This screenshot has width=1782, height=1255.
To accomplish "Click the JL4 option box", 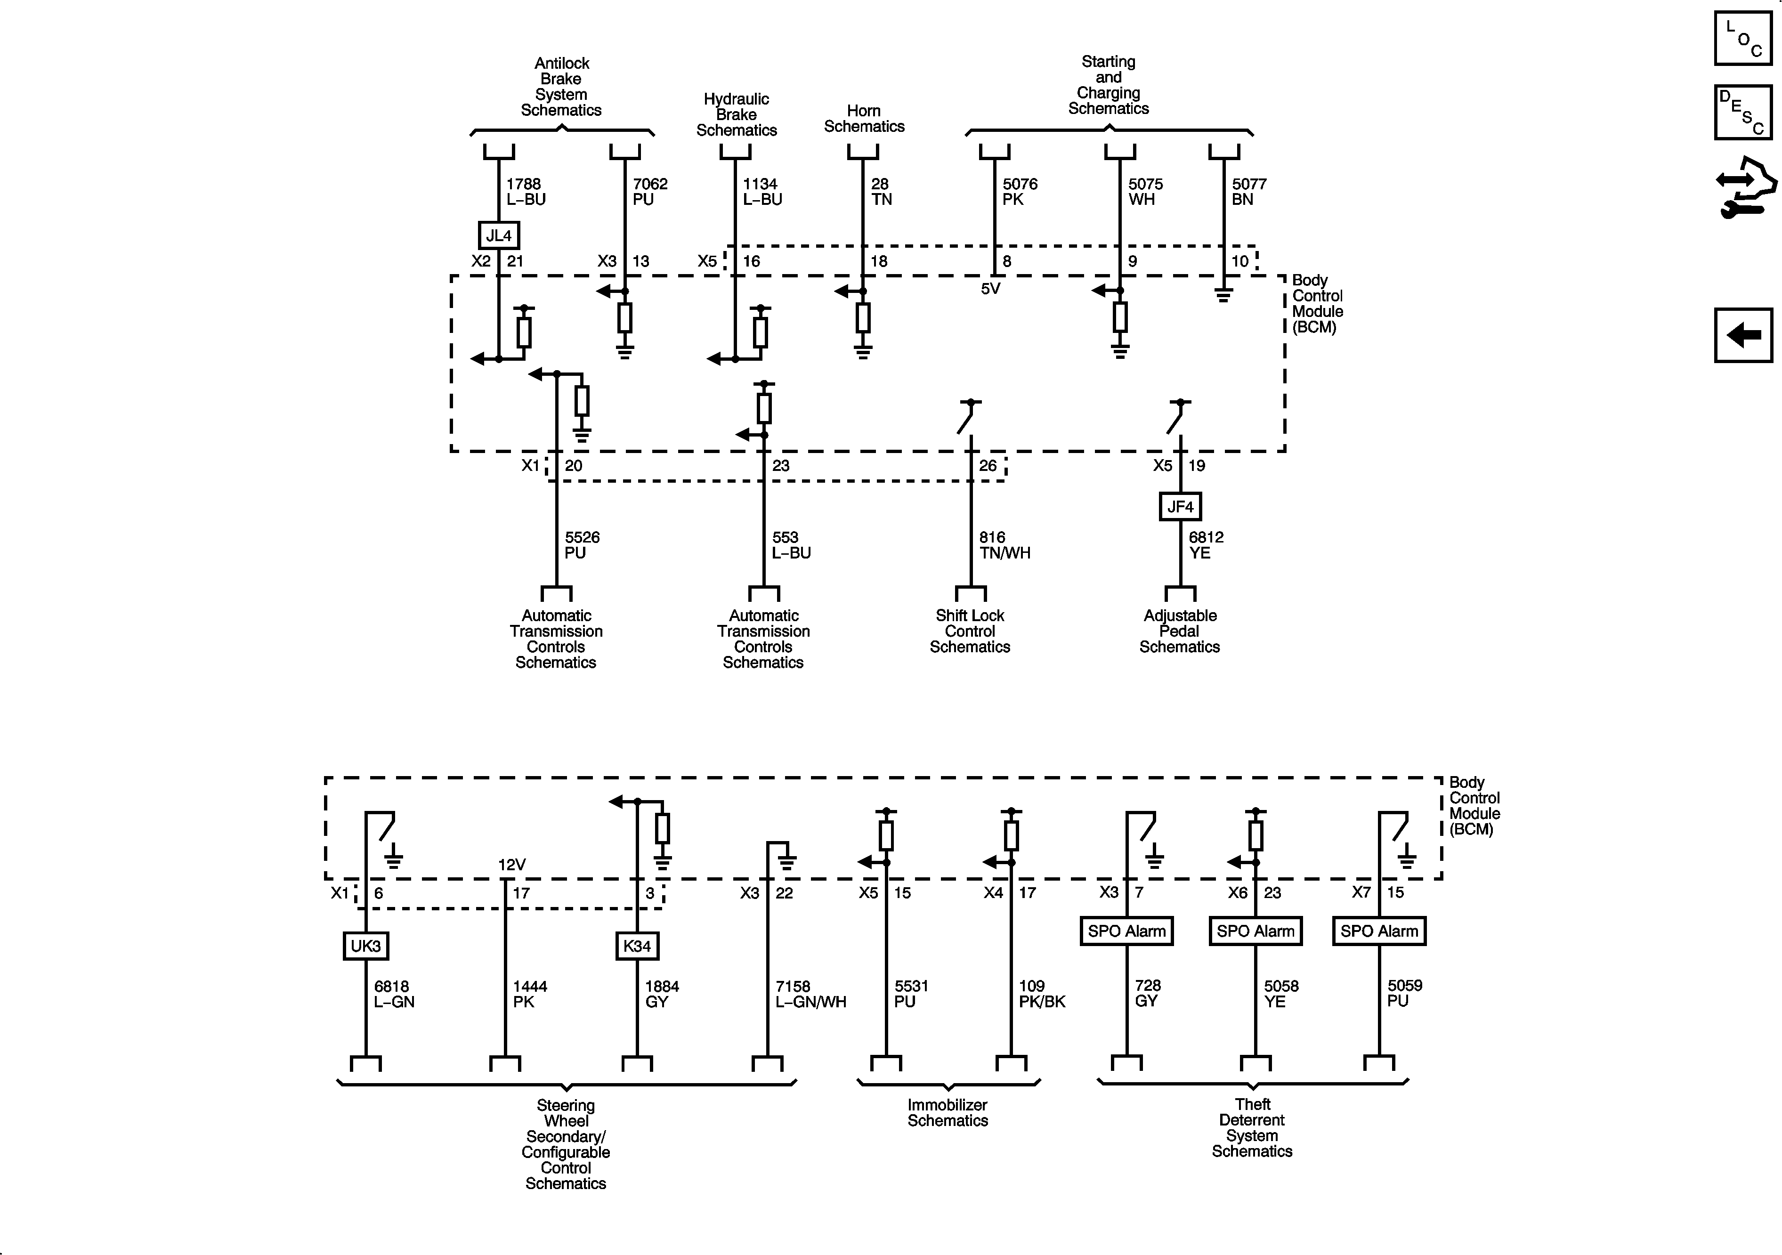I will (498, 235).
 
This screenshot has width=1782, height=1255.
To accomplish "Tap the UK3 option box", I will (365, 946).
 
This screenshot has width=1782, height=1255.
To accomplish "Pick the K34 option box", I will (637, 946).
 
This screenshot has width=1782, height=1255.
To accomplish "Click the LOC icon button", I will (1742, 38).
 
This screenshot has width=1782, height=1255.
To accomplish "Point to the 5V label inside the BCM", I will (990, 289).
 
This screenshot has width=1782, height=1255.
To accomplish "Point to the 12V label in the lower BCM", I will (511, 865).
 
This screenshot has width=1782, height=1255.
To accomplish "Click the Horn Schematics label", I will (864, 119).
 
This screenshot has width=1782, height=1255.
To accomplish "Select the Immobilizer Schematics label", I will (948, 1112).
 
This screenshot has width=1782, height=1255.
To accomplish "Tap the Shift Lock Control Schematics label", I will (970, 631).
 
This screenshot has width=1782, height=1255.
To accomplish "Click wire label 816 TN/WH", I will (1004, 545).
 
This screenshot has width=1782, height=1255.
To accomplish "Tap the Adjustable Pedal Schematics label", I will (1180, 631).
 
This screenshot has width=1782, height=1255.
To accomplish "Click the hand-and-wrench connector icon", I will (1745, 187).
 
